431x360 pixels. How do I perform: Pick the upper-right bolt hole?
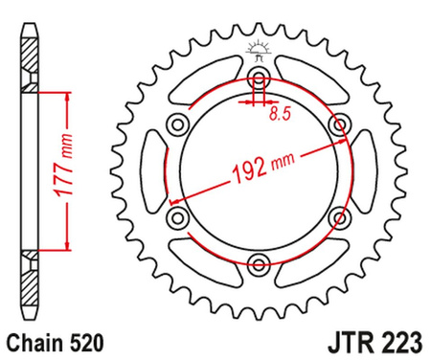click(337, 125)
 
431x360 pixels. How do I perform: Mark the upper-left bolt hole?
click(176, 125)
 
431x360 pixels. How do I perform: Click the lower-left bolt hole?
click(176, 218)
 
